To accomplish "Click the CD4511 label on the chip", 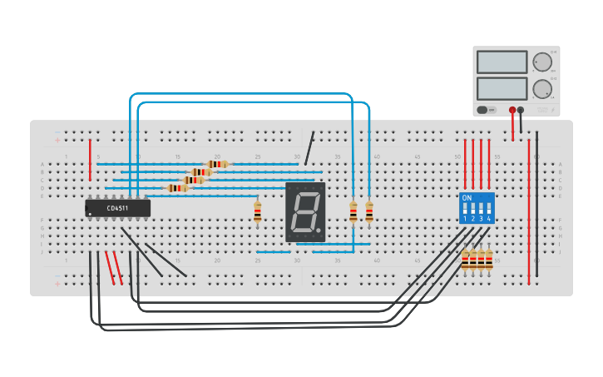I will (117, 208).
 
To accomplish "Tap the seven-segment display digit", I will (304, 212).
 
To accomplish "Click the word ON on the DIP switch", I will (467, 198).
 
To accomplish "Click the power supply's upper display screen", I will (502, 62).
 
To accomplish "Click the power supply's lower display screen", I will (502, 88).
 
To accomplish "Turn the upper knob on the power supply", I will (542, 62).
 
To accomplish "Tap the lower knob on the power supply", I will (542, 89).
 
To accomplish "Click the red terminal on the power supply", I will (512, 109).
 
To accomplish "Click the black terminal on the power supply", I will (521, 109).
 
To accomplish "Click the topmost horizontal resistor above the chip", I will (218, 164).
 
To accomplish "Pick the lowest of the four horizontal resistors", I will (176, 188).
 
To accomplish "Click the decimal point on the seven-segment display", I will (319, 231).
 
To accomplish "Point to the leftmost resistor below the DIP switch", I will (465, 260).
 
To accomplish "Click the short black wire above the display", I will (309, 148).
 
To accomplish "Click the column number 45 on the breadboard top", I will (417, 156).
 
